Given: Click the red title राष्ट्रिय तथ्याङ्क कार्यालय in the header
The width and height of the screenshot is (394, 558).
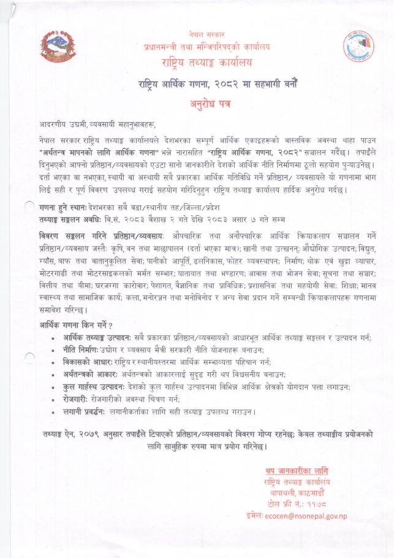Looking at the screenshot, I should [x=206, y=63].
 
